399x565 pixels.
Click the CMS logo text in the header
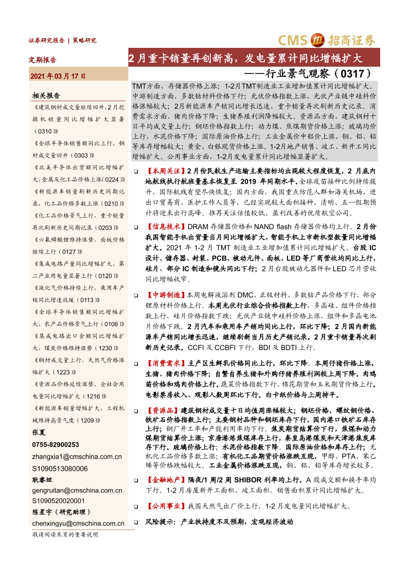coord(294,40)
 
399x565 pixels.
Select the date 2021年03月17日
coord(58,76)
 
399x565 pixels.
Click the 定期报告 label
coord(43,60)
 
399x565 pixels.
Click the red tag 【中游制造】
coord(165,294)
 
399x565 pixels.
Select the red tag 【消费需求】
coord(165,363)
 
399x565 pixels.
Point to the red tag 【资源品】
coord(162,410)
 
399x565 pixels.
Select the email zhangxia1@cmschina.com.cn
coord(77,456)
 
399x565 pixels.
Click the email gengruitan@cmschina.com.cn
coord(77,490)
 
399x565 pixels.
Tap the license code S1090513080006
coord(60,468)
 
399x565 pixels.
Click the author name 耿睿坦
coord(41,479)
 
